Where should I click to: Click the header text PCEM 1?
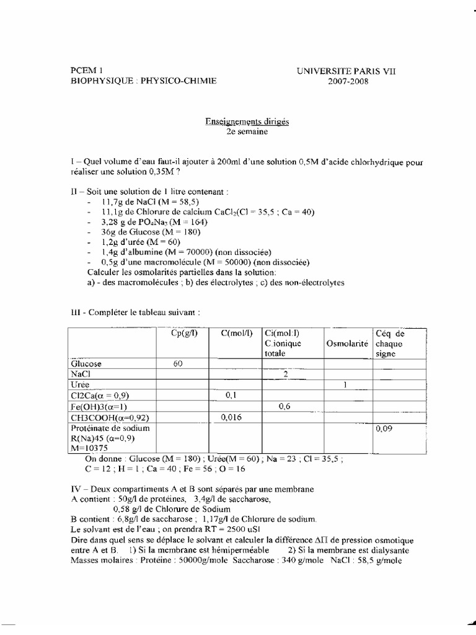tap(86, 71)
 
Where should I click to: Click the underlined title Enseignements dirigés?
tap(247, 122)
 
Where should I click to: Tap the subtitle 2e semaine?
tap(247, 131)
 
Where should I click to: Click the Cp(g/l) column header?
tap(184, 334)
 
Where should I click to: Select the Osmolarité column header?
tap(345, 344)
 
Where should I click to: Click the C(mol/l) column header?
tap(236, 334)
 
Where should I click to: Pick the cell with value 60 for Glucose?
tap(178, 364)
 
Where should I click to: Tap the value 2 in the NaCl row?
tap(285, 375)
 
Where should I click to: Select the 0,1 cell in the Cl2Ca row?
tap(231, 396)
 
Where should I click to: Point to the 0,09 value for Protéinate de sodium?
tap(382, 429)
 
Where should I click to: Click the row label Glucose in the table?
tap(87, 364)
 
